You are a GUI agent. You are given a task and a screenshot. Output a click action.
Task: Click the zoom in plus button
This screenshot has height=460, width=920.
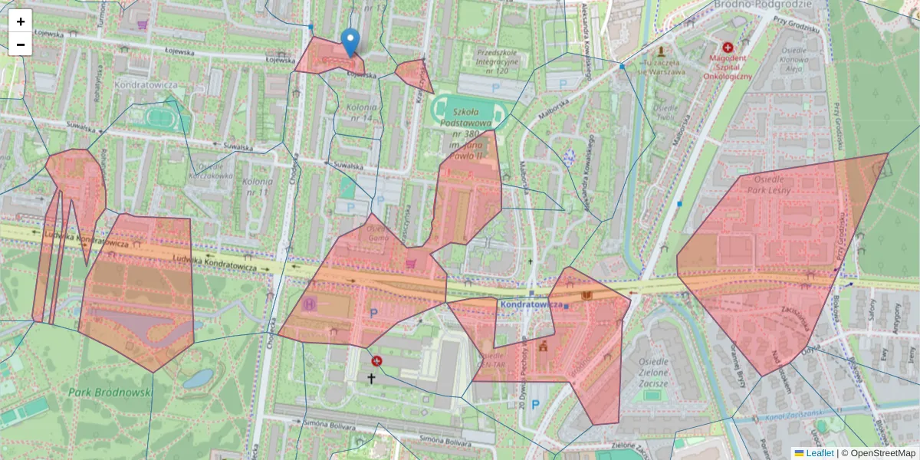(x=21, y=21)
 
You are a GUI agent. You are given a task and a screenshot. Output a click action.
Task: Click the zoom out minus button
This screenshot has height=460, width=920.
(x=21, y=44)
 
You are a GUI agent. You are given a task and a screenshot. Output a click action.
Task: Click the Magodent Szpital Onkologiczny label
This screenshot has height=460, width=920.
(x=728, y=66)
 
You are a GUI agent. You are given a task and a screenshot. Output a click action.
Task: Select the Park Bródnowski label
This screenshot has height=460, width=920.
(x=111, y=392)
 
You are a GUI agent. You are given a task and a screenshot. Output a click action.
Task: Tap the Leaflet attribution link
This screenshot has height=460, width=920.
(x=819, y=453)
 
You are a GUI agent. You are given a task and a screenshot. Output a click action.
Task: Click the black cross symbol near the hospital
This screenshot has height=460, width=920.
(x=371, y=378)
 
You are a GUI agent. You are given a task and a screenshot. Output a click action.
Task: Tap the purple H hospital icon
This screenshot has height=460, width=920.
(x=310, y=304)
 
